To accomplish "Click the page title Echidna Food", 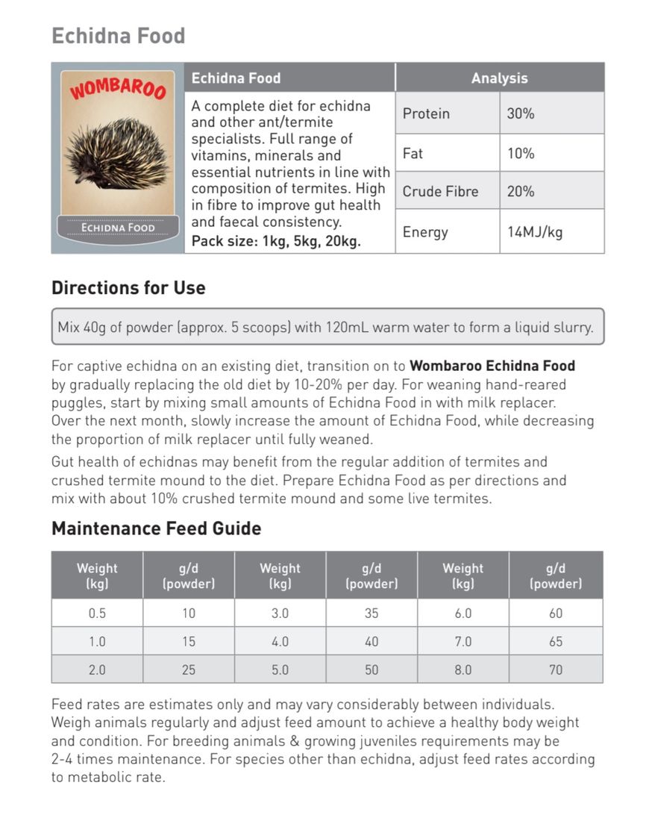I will (x=118, y=36).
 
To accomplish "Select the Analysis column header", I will (x=499, y=78).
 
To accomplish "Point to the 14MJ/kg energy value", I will (x=535, y=232).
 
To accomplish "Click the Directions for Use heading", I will (x=128, y=288).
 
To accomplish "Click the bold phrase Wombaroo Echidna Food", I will (x=492, y=366).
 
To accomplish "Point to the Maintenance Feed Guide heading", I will (x=156, y=529).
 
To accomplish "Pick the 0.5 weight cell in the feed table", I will (x=97, y=614).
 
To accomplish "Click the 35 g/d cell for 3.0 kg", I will (x=371, y=614).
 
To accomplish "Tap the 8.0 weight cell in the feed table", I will (x=463, y=669).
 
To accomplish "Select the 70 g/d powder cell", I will (x=556, y=669).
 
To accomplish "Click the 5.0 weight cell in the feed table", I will (x=280, y=669).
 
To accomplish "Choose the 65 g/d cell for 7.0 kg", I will (x=556, y=641).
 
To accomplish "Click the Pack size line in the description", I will (x=276, y=242).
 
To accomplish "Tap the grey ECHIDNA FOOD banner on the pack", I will (x=117, y=228).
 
